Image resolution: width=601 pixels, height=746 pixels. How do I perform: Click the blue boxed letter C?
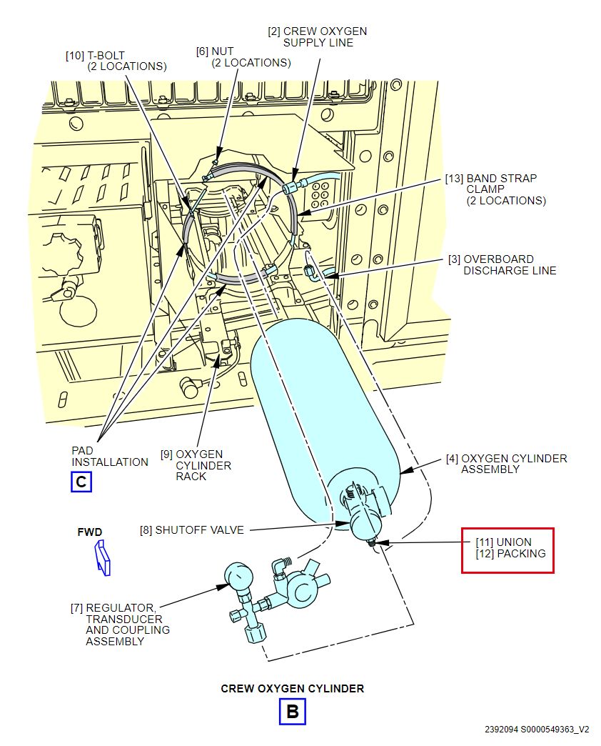point(81,482)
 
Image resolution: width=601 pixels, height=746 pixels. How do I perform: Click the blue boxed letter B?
point(292,712)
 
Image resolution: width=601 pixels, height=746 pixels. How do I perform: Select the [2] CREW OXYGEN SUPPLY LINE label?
point(317,36)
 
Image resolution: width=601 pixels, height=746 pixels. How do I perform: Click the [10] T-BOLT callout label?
point(117,61)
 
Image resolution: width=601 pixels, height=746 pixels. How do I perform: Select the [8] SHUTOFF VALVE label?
point(192,530)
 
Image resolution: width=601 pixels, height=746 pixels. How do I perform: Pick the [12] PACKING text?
point(510,554)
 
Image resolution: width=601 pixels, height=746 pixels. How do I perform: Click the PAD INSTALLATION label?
point(109,456)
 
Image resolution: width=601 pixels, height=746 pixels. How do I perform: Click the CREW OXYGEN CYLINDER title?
point(292,689)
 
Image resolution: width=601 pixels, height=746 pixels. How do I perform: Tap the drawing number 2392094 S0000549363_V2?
point(537,730)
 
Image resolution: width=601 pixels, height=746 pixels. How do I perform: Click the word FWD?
point(90,532)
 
